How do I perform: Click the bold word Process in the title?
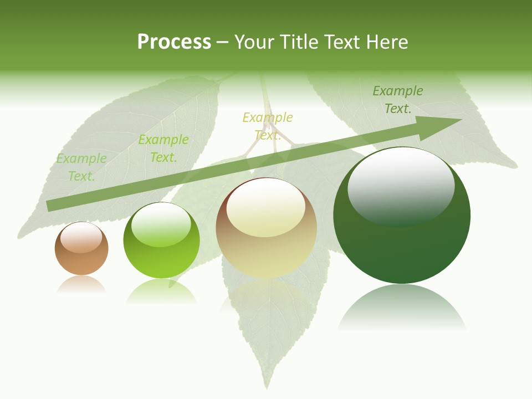[174, 42]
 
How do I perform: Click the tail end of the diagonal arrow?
[49, 206]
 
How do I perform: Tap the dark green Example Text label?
[397, 100]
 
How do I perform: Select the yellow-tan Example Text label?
[268, 126]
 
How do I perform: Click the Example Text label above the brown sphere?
[81, 167]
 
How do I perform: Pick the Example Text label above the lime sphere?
[163, 149]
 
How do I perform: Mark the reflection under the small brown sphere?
[81, 284]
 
